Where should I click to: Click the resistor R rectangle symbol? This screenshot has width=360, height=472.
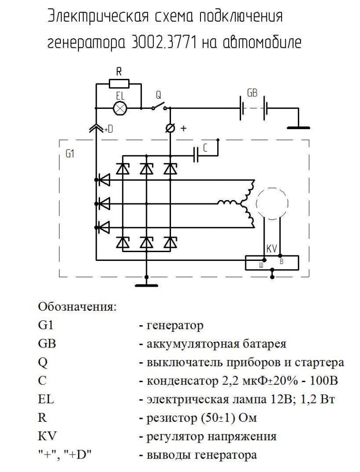(119, 84)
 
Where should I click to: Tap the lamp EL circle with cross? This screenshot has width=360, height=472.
(120, 108)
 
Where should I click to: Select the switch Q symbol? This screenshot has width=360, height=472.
(159, 106)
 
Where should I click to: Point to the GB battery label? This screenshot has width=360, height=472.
(252, 93)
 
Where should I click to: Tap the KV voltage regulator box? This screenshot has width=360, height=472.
(271, 262)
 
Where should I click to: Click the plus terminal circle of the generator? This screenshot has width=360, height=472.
(170, 129)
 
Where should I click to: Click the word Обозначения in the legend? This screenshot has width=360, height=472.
(77, 307)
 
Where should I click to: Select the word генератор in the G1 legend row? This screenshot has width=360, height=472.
(175, 326)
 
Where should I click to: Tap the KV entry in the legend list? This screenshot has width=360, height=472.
(47, 436)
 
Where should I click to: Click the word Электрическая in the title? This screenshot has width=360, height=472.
(97, 17)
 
